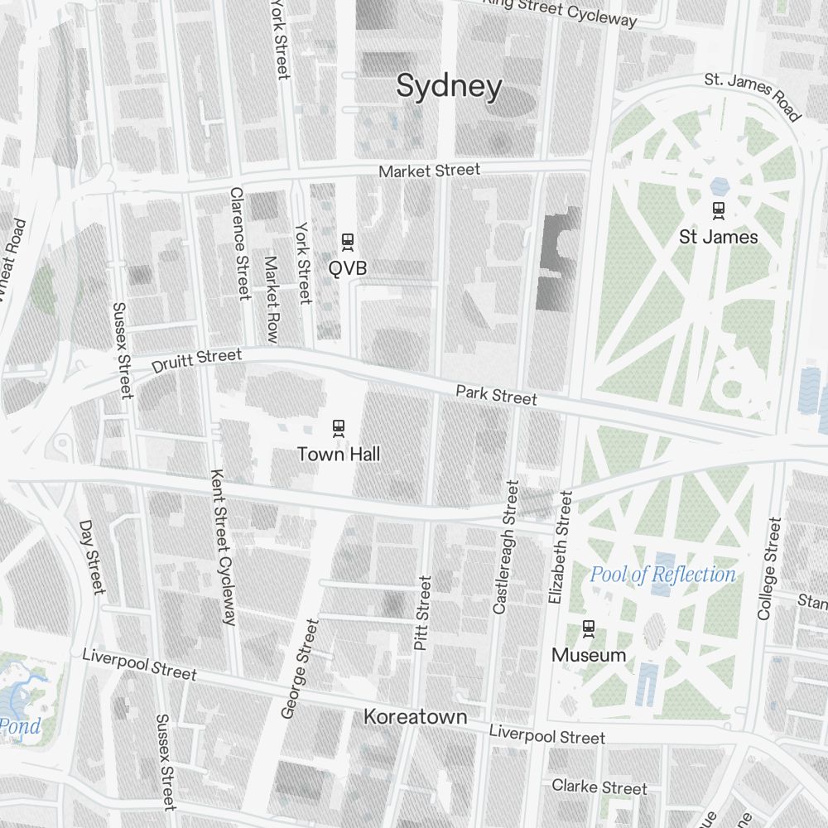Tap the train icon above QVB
(348, 242)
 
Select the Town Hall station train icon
(338, 428)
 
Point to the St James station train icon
(718, 210)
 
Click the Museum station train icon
(589, 628)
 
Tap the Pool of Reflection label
(662, 575)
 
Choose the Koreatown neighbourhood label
(416, 717)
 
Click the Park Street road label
(496, 395)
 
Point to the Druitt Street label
(197, 361)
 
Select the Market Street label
(429, 171)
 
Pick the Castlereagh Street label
(506, 547)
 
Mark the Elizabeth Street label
(561, 546)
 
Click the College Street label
(769, 569)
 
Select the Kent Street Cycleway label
(223, 547)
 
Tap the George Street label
(300, 668)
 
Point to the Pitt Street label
(423, 613)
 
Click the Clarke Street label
(599, 787)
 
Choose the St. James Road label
(753, 96)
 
